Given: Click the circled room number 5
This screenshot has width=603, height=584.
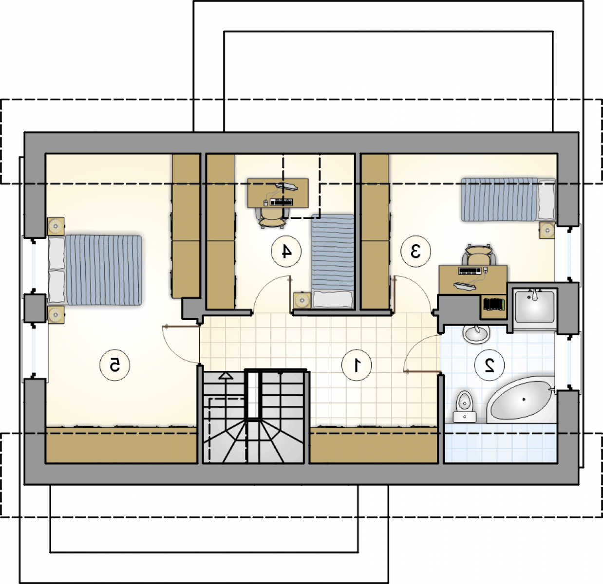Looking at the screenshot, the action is tap(114, 365).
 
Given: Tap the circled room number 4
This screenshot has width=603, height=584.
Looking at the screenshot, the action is tap(286, 252).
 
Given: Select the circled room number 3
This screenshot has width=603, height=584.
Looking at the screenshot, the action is tap(415, 252).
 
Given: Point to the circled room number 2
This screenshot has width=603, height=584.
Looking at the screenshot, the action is tap(490, 365).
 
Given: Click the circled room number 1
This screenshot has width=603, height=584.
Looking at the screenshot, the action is tap(357, 365).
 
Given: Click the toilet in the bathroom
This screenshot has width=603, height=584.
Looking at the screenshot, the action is tap(465, 406).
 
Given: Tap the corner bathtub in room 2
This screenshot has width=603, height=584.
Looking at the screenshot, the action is tap(520, 400).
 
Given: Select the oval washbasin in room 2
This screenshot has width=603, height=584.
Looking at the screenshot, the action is tap(476, 334).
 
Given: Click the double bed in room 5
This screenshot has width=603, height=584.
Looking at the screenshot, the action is tap(95, 270).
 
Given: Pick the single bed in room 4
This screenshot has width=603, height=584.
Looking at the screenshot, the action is tap(333, 262).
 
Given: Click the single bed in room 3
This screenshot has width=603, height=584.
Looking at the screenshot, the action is tap(508, 200).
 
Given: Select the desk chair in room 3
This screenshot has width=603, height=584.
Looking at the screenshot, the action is tap(478, 255).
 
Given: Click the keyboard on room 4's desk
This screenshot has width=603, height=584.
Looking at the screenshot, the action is tap(282, 202).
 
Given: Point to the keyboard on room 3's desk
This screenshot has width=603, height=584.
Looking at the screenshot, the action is tap(470, 271).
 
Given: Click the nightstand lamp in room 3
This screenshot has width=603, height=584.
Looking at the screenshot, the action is tap(547, 230).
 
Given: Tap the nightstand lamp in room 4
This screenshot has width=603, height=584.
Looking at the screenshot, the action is tap(302, 300).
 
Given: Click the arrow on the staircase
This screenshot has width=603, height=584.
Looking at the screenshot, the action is tap(226, 376).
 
